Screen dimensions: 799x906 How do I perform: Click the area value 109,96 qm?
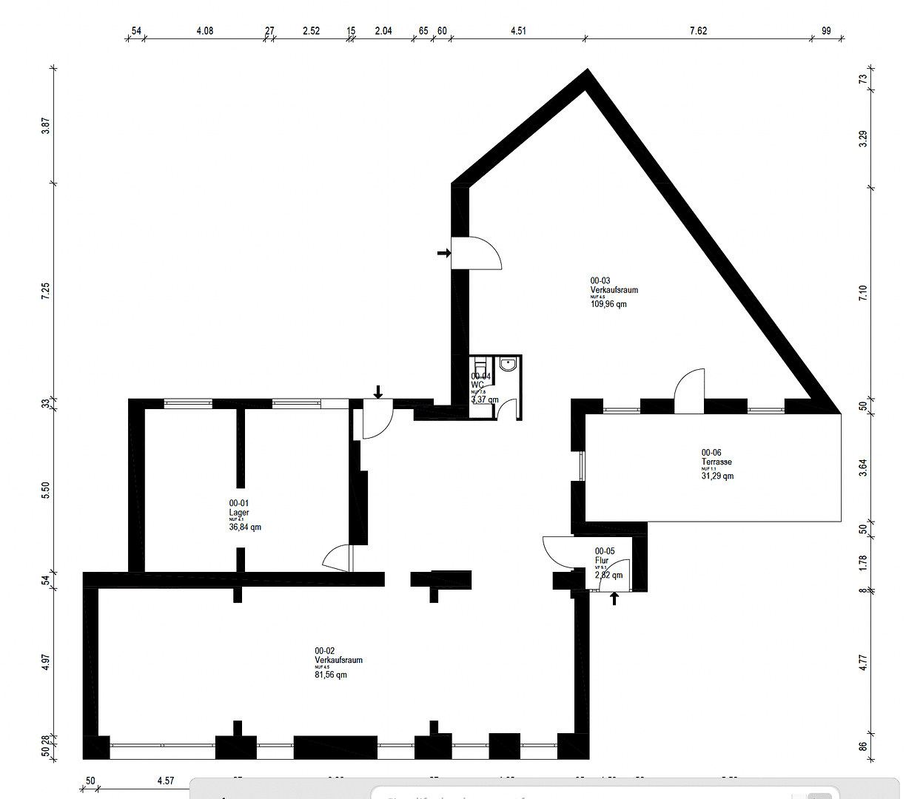(608, 304)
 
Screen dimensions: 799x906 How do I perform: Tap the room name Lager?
(239, 513)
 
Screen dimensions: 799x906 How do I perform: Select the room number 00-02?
(325, 651)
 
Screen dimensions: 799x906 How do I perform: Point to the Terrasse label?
(717, 462)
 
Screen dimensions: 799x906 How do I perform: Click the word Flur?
(602, 561)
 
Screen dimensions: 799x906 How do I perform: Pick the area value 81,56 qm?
(331, 675)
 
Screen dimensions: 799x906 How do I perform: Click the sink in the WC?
(509, 364)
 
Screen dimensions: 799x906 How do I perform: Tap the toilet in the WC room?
(480, 365)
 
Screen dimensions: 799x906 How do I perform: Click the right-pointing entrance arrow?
(443, 253)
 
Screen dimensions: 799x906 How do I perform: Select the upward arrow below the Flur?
(614, 598)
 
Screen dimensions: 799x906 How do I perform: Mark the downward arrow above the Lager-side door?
(378, 391)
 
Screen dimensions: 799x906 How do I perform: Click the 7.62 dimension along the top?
(698, 31)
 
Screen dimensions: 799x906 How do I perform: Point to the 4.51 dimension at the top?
(518, 31)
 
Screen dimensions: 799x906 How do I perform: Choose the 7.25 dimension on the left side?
(46, 291)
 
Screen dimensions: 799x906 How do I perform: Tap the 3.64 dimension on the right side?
(863, 468)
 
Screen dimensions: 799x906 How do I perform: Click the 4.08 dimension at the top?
(204, 31)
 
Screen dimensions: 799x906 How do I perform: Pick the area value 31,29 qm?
(717, 476)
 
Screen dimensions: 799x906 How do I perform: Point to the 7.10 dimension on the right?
(863, 293)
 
